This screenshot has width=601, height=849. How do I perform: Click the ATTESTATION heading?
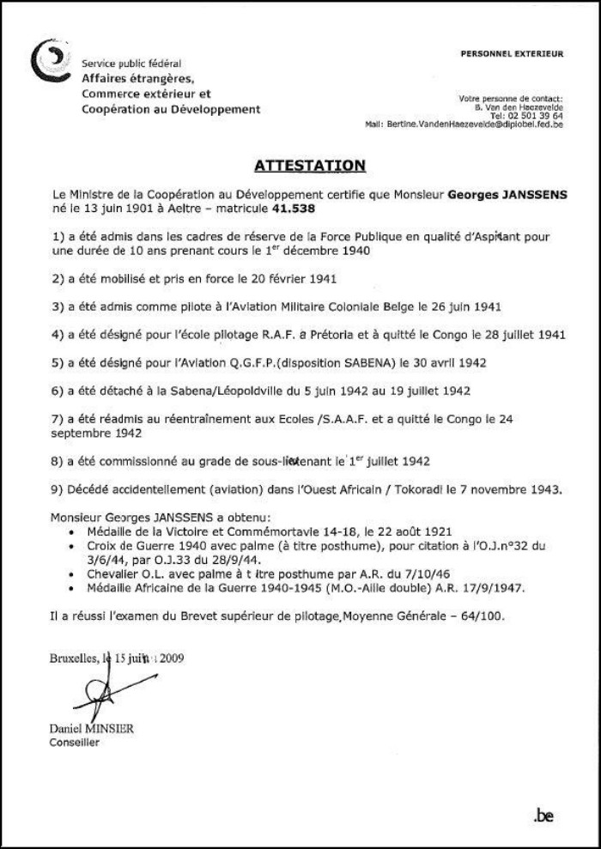[310, 164]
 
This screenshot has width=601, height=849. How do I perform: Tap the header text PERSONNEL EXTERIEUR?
[512, 54]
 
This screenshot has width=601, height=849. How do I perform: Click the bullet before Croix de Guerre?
[69, 544]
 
